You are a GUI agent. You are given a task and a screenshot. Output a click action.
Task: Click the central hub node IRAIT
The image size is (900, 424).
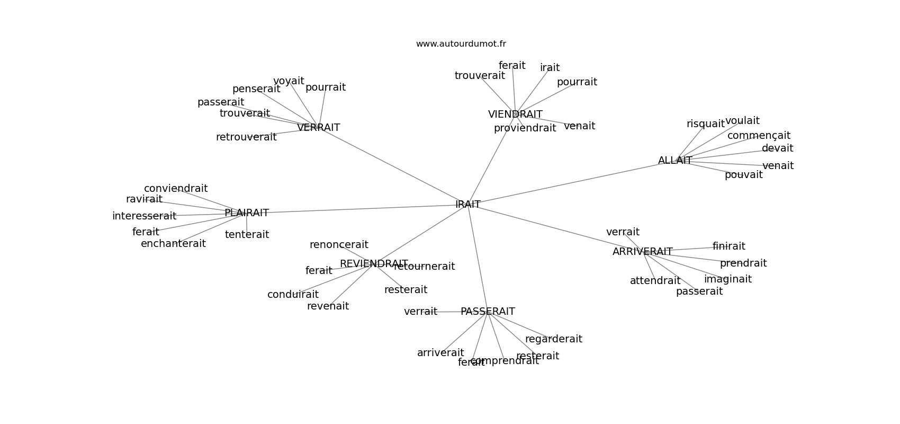[x=468, y=205]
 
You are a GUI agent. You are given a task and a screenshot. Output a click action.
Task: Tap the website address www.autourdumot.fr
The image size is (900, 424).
[x=461, y=44]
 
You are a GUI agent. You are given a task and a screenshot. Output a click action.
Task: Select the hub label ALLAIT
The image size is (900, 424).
[x=674, y=161]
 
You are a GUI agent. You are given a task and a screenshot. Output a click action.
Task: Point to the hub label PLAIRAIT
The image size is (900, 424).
[x=247, y=213]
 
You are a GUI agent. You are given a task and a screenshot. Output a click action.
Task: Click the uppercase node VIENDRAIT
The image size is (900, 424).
[x=515, y=114]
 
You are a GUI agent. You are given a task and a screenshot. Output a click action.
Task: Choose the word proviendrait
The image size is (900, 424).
[x=525, y=128]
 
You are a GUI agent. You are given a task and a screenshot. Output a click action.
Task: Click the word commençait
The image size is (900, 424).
[x=759, y=136]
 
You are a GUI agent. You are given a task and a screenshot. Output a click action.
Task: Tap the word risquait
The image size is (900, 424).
[x=705, y=124]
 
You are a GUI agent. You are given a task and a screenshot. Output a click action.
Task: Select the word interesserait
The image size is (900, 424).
[x=144, y=216]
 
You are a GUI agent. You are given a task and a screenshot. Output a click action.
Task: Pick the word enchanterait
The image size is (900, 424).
[x=173, y=244]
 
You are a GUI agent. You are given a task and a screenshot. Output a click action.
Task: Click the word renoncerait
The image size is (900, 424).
[x=339, y=245]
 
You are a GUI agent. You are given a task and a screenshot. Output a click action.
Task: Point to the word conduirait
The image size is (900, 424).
[x=293, y=295]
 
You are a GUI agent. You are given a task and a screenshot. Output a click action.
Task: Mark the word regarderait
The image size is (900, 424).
[x=553, y=339]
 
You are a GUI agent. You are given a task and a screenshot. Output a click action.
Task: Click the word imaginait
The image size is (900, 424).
[x=727, y=279]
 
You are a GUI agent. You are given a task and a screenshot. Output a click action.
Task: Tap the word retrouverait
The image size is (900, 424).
[x=246, y=137]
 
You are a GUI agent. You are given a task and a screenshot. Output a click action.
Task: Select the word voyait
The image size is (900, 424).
[x=289, y=81]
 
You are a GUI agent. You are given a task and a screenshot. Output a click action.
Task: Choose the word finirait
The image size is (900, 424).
[x=728, y=246]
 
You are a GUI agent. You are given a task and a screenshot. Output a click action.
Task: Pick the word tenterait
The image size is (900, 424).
[x=247, y=234]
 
